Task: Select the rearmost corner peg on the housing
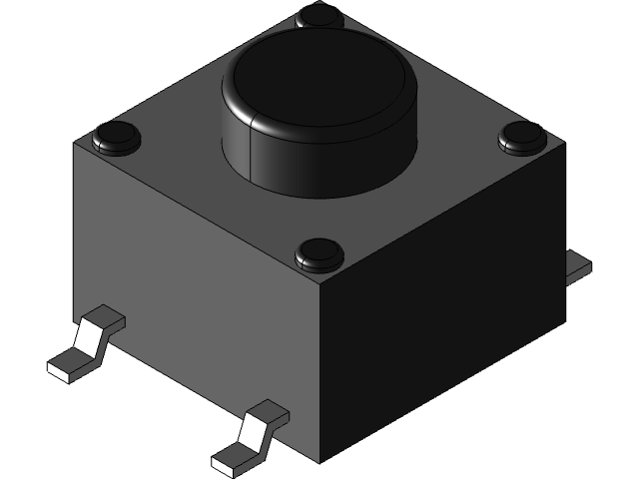point(319,15)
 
